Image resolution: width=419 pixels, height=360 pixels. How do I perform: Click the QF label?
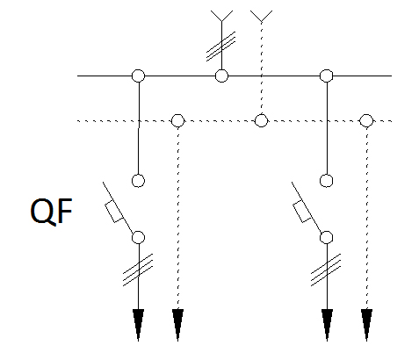coord(52,212)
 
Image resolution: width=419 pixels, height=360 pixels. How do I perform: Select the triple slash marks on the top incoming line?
coord(221,47)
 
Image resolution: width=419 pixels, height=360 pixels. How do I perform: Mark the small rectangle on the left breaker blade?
coord(114,212)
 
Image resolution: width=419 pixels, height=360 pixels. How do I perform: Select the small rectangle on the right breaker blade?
coord(302,212)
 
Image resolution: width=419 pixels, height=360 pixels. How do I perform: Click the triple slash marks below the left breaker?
coord(138,270)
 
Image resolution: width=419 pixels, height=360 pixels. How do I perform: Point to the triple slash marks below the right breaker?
coord(326,270)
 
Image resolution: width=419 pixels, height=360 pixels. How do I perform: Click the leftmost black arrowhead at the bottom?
coord(138,325)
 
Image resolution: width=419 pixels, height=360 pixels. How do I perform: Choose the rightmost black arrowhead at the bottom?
coord(366,325)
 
